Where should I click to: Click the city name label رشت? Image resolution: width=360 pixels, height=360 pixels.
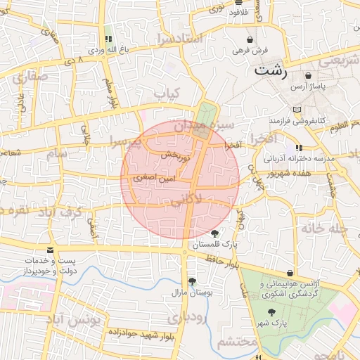[271, 70]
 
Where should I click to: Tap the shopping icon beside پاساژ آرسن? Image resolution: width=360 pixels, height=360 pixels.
[309, 75]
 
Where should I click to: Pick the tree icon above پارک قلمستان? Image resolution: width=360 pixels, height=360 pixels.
[214, 233]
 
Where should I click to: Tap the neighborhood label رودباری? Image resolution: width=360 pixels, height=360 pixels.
[184, 318]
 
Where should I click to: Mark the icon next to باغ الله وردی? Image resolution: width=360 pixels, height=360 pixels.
[108, 39]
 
